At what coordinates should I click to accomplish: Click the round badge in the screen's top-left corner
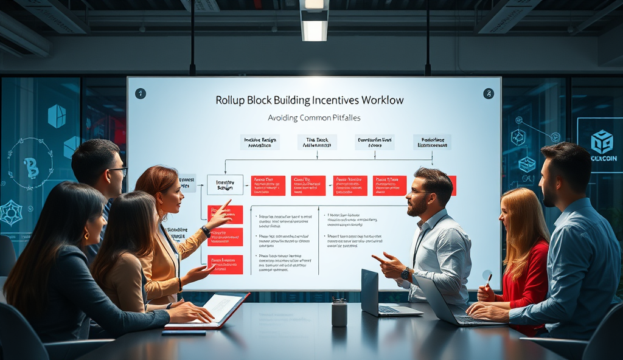coord(141,93)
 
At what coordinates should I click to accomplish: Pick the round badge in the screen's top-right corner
coord(488,93)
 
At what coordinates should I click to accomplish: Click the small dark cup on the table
coord(339,312)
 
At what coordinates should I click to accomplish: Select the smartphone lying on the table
coord(183,332)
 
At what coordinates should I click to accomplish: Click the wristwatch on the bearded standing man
coord(405,273)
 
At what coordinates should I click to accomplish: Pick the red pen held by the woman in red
coord(489,280)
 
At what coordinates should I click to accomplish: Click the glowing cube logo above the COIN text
coord(602,141)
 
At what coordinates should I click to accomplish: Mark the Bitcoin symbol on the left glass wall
coord(30,167)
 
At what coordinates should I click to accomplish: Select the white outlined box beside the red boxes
coord(225,185)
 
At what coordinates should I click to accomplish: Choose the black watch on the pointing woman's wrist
coord(206,231)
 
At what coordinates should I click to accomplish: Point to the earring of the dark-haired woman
coord(85,235)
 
